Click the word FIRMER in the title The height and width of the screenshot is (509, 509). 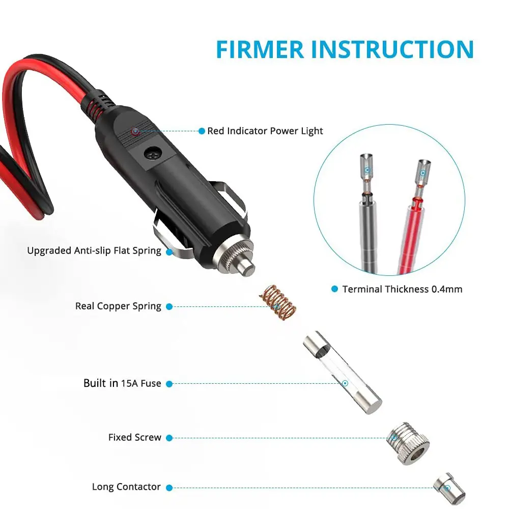260,49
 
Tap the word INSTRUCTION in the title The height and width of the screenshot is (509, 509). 392,49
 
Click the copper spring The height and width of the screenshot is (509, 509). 277,302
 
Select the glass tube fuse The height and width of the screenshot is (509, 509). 343,373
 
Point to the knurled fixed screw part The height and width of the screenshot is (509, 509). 408,443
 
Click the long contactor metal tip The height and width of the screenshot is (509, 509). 449,489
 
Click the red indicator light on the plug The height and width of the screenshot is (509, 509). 135,131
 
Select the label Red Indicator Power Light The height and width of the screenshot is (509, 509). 265,131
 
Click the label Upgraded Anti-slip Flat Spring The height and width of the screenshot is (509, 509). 94,250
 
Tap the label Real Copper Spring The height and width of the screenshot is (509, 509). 118,306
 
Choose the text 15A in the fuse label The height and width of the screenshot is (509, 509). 129,383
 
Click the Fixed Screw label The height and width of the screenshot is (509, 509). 135,437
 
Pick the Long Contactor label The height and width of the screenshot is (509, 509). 126,487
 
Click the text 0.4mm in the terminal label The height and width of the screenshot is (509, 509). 447,289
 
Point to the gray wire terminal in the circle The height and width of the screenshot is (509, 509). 368,213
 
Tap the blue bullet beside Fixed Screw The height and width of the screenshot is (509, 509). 169,438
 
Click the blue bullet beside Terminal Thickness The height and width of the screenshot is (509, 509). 335,289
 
